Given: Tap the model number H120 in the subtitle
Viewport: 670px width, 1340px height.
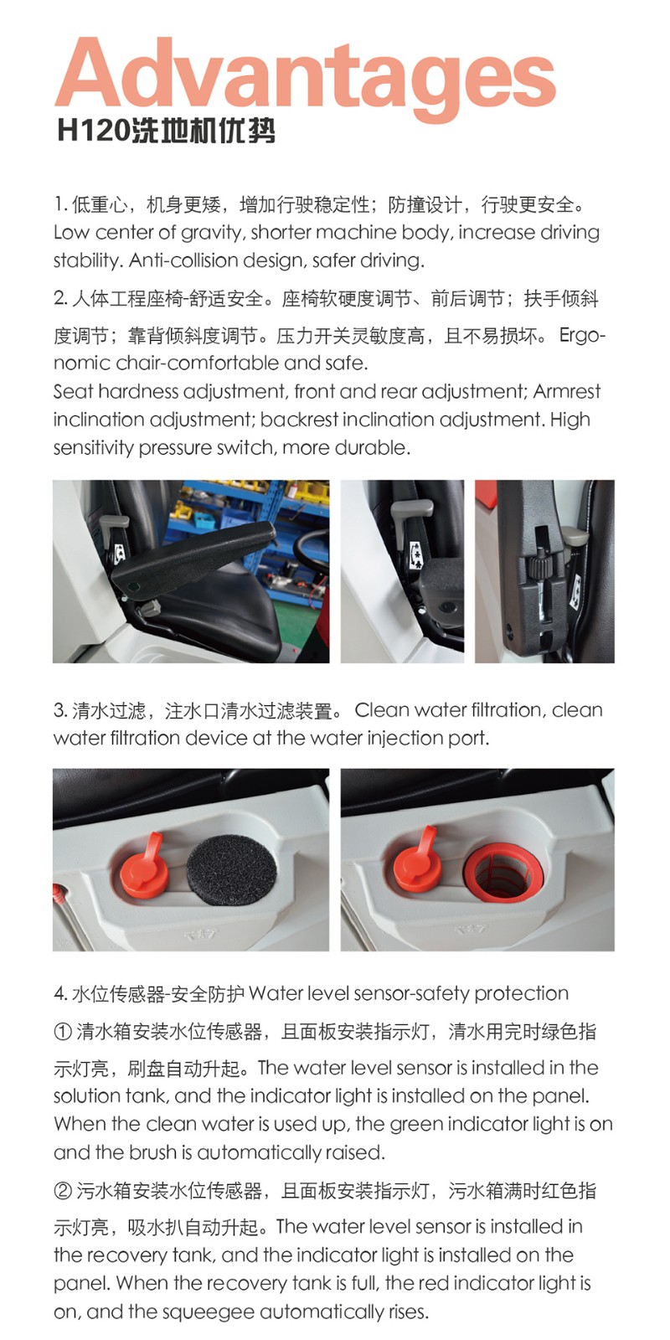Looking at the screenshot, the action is [93, 131].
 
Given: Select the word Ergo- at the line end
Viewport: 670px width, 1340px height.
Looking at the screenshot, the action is [582, 336].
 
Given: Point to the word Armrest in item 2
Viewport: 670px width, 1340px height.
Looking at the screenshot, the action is [566, 391].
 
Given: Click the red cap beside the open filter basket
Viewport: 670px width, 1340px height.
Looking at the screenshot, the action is [418, 862].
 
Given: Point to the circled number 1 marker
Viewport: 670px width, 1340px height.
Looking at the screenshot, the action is [63, 1032].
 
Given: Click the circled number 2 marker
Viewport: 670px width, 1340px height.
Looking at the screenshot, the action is [63, 1191].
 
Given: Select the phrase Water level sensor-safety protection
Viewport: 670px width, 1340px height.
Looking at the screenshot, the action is [409, 993].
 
